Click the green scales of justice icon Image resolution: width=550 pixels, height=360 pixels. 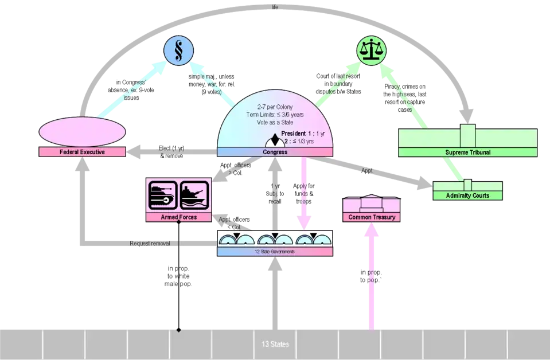[x=372, y=50]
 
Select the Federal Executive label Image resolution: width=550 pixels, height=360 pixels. [x=82, y=152]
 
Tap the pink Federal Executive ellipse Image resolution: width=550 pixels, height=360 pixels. [x=82, y=131]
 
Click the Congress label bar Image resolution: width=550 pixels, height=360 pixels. [x=275, y=152]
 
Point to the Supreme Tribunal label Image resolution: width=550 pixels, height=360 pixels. [x=467, y=152]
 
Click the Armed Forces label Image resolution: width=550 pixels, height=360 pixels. [x=178, y=218]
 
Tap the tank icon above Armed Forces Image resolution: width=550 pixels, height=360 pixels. [x=162, y=195]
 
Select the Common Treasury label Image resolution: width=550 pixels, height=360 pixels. [x=372, y=217]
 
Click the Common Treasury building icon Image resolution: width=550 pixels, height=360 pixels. [x=372, y=205]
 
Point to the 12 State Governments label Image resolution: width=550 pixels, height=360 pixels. [x=275, y=252]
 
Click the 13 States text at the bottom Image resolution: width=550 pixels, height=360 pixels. [x=275, y=345]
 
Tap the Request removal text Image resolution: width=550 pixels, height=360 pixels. [x=150, y=243]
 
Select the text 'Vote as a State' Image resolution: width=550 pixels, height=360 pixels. [x=274, y=123]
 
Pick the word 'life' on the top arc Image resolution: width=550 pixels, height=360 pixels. [x=275, y=7]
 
